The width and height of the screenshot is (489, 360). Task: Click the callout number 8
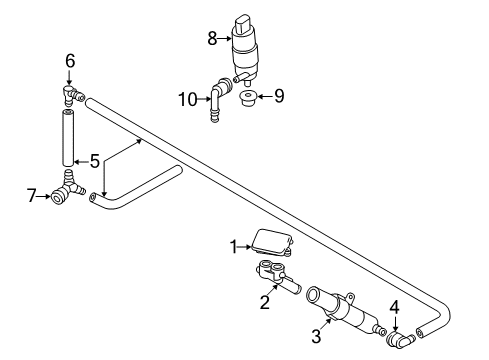(212, 38)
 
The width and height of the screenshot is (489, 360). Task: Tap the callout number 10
(188, 99)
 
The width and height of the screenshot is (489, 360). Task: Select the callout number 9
(279, 96)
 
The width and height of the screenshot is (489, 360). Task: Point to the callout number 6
(70, 61)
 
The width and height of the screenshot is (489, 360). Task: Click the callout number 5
(95, 161)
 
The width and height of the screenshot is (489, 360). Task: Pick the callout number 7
(31, 196)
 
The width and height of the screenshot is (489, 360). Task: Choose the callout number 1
(234, 247)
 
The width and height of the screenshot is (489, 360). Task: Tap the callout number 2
(264, 303)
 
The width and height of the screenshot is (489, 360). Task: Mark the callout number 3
(316, 336)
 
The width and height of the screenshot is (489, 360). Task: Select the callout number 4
(395, 308)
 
